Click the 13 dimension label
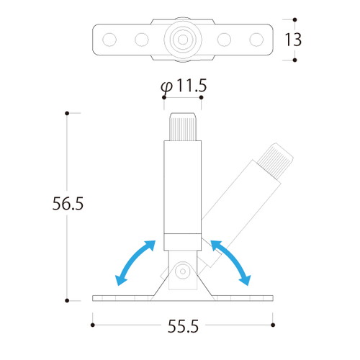point(293,40)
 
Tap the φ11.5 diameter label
point(184,86)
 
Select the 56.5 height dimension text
point(68,204)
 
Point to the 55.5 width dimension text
point(183,326)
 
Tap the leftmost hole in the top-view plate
point(109,40)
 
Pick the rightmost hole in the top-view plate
point(256,40)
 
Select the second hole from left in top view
point(142,40)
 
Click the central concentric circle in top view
point(183,40)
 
